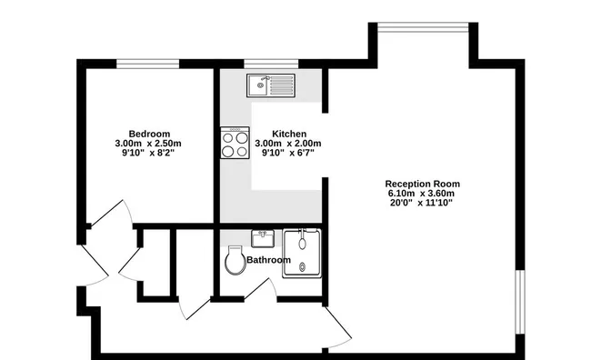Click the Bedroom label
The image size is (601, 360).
(149, 135)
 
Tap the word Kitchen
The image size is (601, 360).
(289, 135)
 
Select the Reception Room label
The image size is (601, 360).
(423, 184)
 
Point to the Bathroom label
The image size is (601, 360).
(268, 260)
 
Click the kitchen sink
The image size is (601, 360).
(271, 85)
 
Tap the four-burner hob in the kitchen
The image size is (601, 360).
(235, 143)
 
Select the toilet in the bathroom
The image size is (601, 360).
(235, 260)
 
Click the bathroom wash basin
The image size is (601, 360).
(263, 238)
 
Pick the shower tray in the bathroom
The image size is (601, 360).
(302, 254)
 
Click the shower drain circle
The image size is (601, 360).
(303, 267)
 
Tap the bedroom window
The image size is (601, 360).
(147, 64)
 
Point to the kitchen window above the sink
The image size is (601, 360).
(271, 64)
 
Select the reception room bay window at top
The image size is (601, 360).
(423, 27)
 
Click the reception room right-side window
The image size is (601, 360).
(520, 302)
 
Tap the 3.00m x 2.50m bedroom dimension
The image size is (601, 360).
(148, 144)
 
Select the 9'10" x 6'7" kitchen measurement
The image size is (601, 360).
(288, 153)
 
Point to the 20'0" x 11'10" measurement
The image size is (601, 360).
(421, 203)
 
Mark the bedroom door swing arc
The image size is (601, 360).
(129, 209)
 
